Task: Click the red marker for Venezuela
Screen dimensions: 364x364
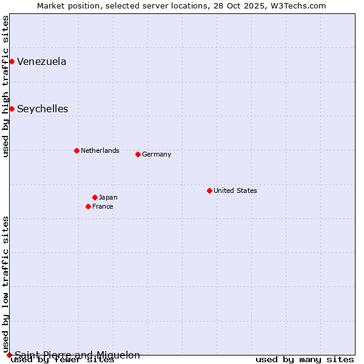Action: (x=12, y=61)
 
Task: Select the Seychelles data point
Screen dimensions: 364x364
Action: (x=12, y=109)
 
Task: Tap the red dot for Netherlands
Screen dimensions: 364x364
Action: (x=76, y=150)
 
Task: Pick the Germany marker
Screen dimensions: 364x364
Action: (x=138, y=154)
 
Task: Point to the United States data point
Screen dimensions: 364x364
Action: (x=209, y=190)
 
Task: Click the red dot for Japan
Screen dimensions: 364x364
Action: (x=95, y=197)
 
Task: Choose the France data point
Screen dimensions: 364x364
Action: (x=88, y=206)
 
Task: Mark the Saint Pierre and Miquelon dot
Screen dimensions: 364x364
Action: (x=9, y=355)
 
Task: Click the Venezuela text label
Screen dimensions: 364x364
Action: (x=42, y=61)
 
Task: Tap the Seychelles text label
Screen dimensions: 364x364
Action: (x=42, y=109)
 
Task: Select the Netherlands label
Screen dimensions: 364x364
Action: (x=100, y=150)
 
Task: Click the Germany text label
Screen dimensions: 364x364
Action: (x=157, y=154)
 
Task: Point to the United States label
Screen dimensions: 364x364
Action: (x=235, y=190)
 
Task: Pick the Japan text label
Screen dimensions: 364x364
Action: (x=108, y=197)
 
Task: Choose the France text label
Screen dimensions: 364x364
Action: (x=103, y=206)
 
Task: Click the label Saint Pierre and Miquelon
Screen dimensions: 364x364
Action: (x=77, y=355)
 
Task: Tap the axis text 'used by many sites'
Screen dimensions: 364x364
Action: (x=305, y=360)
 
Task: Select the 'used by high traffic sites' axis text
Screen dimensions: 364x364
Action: (x=5, y=87)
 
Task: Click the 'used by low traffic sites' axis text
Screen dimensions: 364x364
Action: (x=5, y=284)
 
